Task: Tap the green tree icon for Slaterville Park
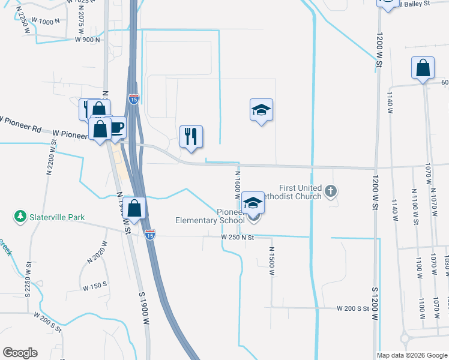20,215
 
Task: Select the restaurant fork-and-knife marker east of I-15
191,136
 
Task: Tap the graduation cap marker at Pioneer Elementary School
253,203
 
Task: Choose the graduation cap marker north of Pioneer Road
261,110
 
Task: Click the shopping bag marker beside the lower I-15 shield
136,209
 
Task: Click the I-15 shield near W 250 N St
150,235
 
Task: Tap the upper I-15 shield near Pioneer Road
134,98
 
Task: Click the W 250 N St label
238,238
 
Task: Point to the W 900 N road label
87,40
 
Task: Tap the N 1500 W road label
271,261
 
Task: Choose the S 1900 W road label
144,309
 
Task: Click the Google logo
20,353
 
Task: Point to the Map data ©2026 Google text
412,355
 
